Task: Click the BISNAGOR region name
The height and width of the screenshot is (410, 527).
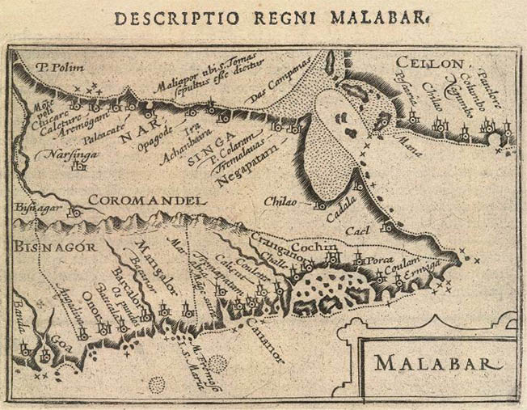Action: [51, 245]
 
